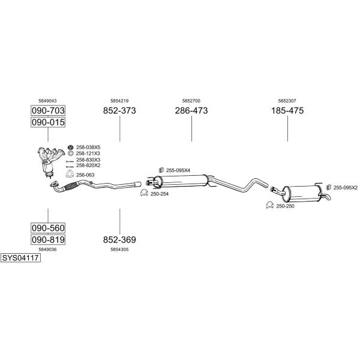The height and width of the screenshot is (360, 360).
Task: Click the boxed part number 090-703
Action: click(x=48, y=110)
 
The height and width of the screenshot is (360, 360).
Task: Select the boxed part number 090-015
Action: click(x=48, y=122)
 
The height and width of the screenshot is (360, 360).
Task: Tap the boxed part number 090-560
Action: click(x=48, y=228)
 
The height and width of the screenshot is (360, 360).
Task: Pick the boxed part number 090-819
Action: click(x=48, y=239)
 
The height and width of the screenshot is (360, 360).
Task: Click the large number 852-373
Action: click(x=119, y=110)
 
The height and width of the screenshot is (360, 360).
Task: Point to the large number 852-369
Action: click(x=119, y=239)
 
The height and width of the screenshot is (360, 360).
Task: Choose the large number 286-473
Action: click(x=191, y=110)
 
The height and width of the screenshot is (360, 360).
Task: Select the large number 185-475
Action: click(x=287, y=110)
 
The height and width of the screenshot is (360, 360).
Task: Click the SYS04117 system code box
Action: click(x=20, y=258)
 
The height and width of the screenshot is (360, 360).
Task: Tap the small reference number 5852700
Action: click(x=191, y=101)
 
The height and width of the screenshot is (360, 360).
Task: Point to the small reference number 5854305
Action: click(x=119, y=250)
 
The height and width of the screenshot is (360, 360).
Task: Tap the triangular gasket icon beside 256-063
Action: click(x=70, y=174)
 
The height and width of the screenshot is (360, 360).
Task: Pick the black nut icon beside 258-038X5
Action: click(x=70, y=147)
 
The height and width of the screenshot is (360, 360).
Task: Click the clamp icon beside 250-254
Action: click(x=144, y=193)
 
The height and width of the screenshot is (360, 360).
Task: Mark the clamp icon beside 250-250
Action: click(x=269, y=205)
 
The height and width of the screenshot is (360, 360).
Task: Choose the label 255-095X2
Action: click(x=346, y=188)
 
